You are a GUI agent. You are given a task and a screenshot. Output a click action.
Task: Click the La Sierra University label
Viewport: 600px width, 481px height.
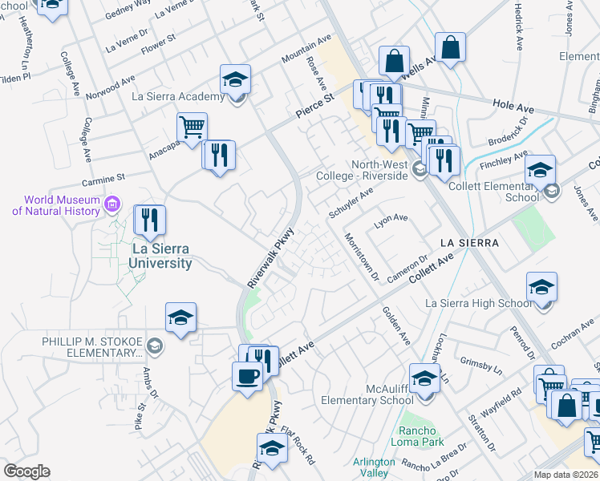point(161,256)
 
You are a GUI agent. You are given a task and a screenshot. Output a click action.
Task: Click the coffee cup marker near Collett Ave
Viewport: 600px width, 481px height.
point(247,376)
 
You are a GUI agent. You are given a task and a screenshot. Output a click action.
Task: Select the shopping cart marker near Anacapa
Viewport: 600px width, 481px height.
point(192,127)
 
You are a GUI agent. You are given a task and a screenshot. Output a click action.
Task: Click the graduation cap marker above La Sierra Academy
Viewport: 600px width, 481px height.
point(235,79)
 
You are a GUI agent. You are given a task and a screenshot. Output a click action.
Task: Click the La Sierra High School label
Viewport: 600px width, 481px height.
point(478,303)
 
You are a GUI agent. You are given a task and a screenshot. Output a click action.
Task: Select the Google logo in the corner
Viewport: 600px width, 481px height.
point(26,471)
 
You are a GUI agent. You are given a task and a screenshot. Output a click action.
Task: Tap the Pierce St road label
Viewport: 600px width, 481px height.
point(314,107)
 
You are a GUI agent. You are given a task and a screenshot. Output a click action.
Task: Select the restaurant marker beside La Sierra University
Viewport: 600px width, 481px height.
point(149,220)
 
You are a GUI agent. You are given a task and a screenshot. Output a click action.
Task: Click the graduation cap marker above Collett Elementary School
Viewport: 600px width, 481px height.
point(541,170)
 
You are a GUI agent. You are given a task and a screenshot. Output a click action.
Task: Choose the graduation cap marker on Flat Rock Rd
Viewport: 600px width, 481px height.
point(273,448)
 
